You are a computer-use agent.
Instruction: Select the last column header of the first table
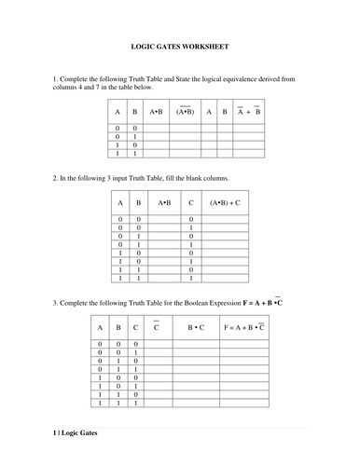pos(247,111)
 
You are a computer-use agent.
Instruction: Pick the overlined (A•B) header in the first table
pos(185,111)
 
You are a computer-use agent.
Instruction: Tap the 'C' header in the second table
pos(190,201)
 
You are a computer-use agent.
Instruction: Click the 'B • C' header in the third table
pos(196,328)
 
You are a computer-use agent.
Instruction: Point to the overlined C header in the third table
pos(156,328)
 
